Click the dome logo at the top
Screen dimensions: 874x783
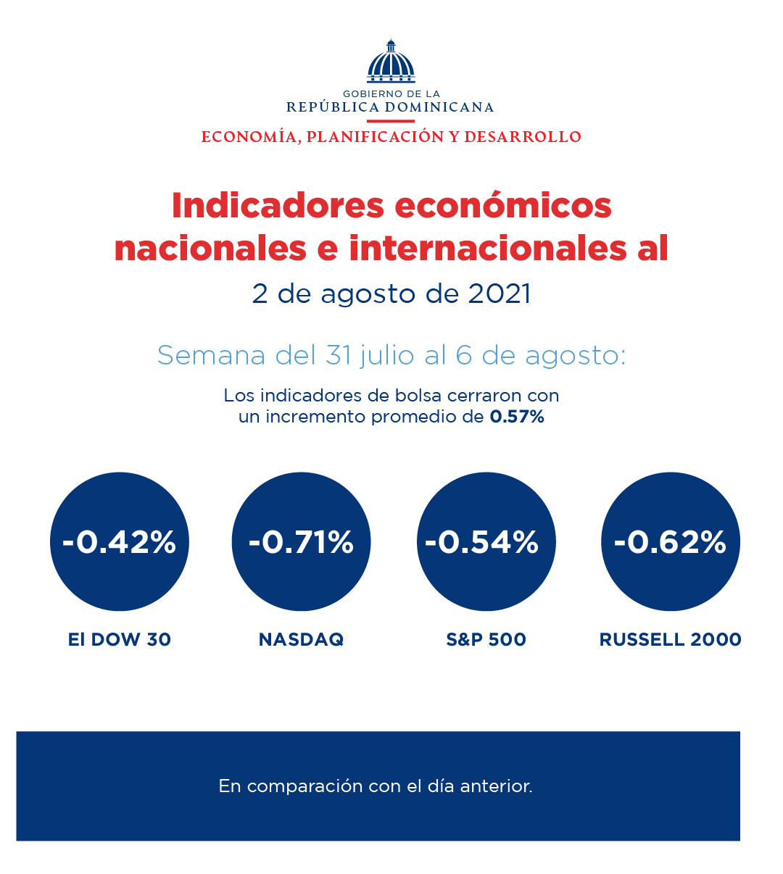coord(391,62)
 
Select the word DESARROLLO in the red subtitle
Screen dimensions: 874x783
coord(523,137)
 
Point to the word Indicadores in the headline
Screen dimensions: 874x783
coord(278,206)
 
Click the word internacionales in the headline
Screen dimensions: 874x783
coord(488,249)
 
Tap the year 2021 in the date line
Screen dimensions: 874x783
coord(500,294)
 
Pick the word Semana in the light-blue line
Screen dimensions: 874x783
coord(211,356)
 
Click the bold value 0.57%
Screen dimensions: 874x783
coord(517,417)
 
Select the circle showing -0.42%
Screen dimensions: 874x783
coord(120,541)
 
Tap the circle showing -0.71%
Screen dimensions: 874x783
coord(301,541)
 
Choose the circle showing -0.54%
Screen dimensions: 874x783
coord(486,541)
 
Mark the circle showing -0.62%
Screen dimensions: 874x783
coord(671,541)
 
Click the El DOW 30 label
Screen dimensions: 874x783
coord(120,640)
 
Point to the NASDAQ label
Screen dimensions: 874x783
coord(301,640)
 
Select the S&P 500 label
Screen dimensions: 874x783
coord(486,640)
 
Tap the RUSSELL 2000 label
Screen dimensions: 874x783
coord(671,640)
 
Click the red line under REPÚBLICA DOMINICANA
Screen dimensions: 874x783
coord(391,121)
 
